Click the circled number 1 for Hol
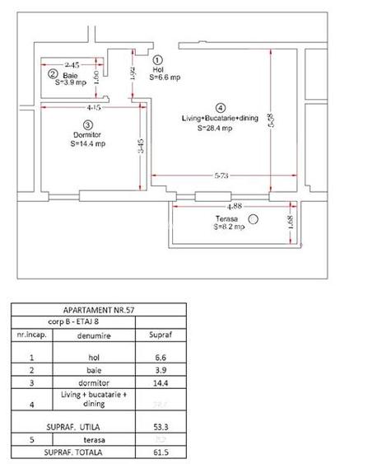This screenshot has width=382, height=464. (158, 60)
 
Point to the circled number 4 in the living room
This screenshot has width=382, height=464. (220, 107)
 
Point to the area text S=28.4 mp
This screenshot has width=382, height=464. (215, 129)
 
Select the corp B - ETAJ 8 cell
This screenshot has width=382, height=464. (73, 323)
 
